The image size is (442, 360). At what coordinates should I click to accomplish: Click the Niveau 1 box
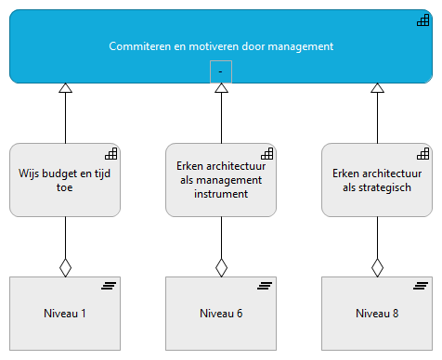pos(65,314)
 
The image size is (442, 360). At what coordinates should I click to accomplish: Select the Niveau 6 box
pos(221,314)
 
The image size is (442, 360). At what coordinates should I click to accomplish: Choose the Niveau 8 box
pos(377,314)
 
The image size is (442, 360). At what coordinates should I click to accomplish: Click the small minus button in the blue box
pos(221,71)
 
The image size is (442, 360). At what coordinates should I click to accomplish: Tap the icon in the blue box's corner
pos(422,19)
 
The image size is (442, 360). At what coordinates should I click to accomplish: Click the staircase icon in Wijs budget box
pos(110,153)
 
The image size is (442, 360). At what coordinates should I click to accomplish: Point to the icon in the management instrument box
pos(266,153)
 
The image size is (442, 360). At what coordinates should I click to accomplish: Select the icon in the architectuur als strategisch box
pos(422,153)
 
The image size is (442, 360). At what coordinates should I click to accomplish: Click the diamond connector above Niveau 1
pos(65,267)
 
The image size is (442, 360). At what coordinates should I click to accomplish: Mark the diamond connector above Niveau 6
pos(221,267)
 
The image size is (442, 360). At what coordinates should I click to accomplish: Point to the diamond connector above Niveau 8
pos(377,267)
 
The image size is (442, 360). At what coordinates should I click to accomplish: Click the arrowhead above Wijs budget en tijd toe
pos(65,89)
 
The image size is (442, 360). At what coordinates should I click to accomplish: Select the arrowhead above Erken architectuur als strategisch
pos(377,89)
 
